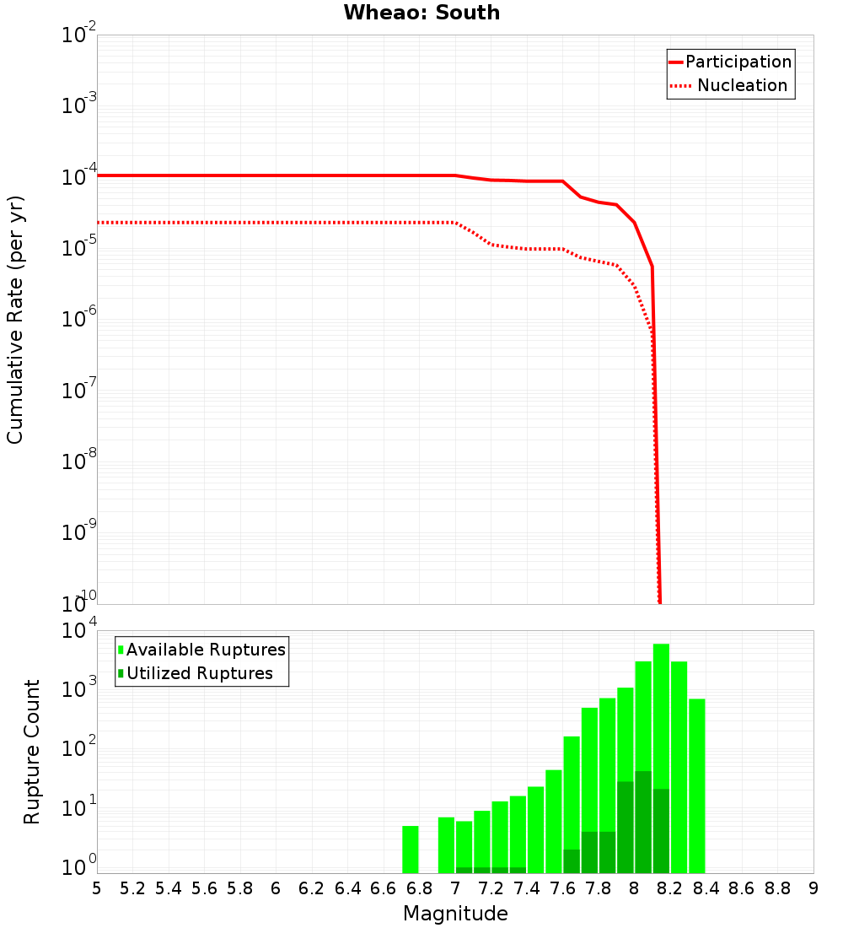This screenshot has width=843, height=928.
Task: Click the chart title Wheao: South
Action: (421, 13)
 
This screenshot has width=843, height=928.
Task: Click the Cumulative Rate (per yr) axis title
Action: (15, 319)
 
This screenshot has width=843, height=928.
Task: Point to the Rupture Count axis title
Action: (32, 752)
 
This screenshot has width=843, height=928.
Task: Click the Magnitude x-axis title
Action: (455, 914)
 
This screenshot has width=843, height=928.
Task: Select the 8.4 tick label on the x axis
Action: (706, 888)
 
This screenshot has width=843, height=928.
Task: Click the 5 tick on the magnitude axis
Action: (97, 888)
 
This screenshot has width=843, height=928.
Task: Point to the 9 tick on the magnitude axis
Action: (813, 888)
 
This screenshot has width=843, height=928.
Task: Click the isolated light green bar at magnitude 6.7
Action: (411, 850)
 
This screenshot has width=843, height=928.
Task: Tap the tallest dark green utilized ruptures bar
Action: (643, 823)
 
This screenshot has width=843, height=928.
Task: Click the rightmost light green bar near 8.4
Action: (696, 785)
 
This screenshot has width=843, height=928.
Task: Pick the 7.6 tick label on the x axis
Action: (563, 888)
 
